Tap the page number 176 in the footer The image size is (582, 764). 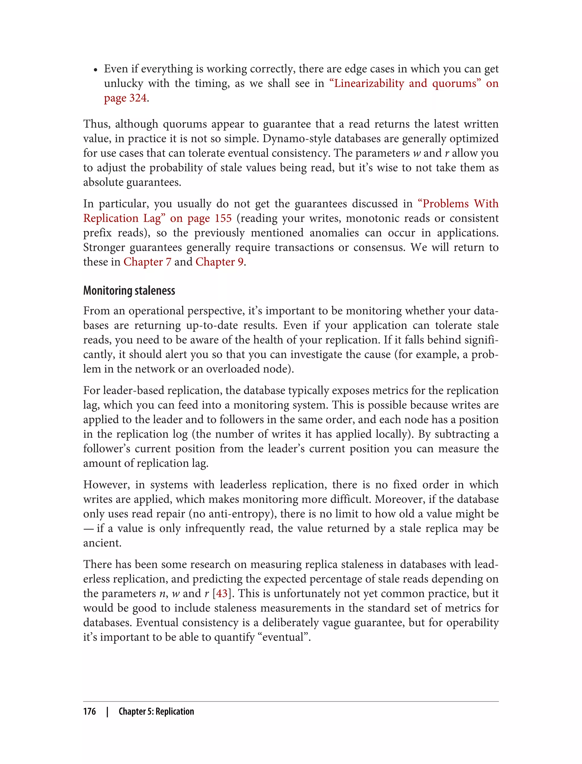pos(90,711)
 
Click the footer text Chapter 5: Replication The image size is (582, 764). pos(156,711)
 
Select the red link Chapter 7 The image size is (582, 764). pos(147,262)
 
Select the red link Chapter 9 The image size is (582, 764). pos(219,262)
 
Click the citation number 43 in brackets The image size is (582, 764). pos(222,593)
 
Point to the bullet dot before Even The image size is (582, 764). pos(95,70)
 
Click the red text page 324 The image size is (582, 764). pos(125,98)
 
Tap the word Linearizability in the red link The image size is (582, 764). pos(369,84)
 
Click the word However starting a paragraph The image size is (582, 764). pos(106,484)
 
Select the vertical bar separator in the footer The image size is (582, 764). pos(107,711)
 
